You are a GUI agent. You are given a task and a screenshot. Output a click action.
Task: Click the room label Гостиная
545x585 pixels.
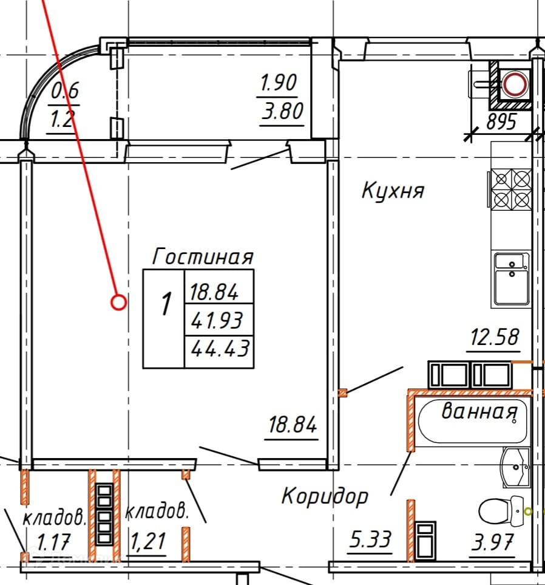click(x=202, y=256)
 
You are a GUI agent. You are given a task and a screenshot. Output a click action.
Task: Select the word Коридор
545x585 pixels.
click(x=325, y=496)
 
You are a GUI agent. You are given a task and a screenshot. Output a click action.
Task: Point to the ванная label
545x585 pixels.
click(x=479, y=412)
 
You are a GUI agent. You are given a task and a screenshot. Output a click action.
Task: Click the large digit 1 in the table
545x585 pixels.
click(x=164, y=304)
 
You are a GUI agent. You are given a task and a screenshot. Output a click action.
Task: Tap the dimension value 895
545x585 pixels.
click(x=501, y=123)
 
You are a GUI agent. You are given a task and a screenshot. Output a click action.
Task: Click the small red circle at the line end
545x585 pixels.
click(x=119, y=302)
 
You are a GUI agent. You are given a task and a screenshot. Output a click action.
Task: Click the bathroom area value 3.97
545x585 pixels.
click(x=493, y=539)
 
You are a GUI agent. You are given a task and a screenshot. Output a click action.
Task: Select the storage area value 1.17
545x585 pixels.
click(x=53, y=540)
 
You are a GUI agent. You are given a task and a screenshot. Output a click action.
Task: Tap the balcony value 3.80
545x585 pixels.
click(x=281, y=112)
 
